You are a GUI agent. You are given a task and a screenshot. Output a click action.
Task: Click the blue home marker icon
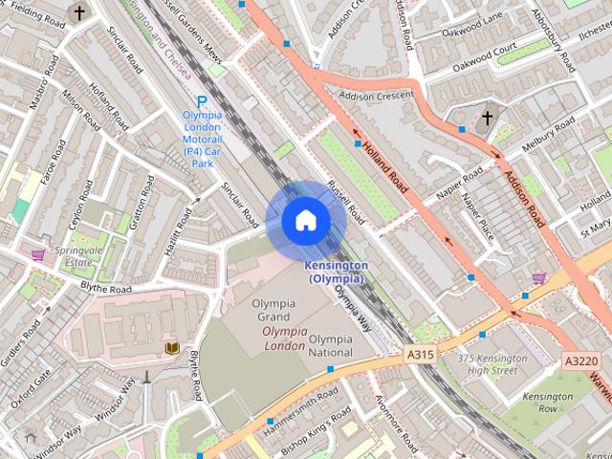(x=305, y=221)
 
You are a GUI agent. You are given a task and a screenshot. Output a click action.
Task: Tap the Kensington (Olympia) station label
(x=335, y=272)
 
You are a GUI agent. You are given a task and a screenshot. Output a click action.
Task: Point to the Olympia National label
(x=331, y=345)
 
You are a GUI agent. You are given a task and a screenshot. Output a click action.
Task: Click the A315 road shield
(x=421, y=354)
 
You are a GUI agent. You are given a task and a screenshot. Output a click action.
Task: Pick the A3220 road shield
(x=580, y=361)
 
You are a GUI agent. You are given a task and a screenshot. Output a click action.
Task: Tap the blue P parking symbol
(x=202, y=101)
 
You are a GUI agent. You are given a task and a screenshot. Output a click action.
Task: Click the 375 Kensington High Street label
(x=493, y=363)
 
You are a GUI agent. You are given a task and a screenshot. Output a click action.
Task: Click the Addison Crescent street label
(x=376, y=97)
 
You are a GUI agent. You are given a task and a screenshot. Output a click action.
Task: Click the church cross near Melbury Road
(x=488, y=118)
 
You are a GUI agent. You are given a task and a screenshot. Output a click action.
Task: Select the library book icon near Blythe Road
(x=172, y=348)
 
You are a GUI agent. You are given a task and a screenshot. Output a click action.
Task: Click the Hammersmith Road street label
(x=304, y=402)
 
